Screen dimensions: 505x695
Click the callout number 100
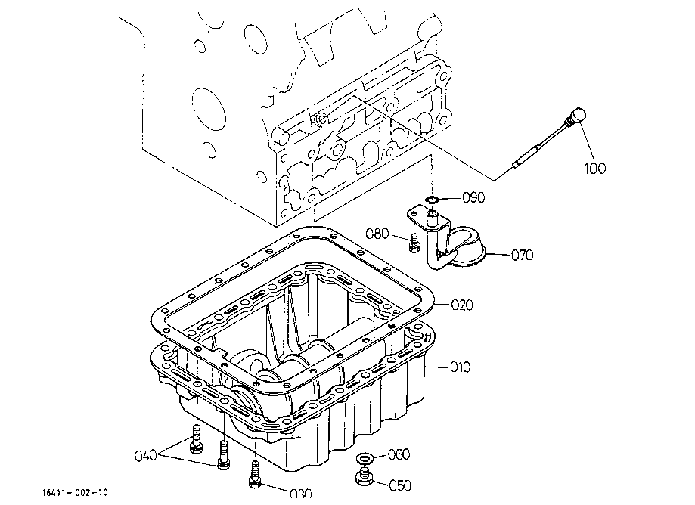point(595,168)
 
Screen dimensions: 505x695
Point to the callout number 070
point(522,255)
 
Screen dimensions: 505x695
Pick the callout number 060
point(399,454)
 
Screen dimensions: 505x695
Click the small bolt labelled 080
point(414,243)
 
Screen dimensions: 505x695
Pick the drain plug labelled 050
point(363,477)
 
